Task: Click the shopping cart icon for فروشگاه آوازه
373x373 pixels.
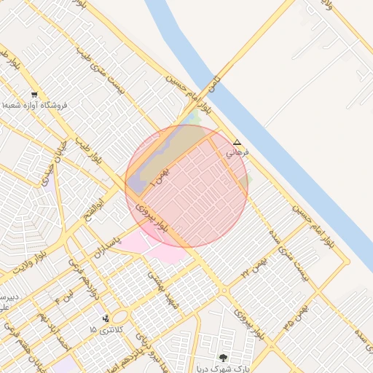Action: click(34, 95)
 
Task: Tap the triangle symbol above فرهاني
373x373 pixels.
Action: click(236, 142)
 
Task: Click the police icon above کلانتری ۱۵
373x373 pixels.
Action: click(107, 318)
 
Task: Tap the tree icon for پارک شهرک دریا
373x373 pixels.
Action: click(223, 358)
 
